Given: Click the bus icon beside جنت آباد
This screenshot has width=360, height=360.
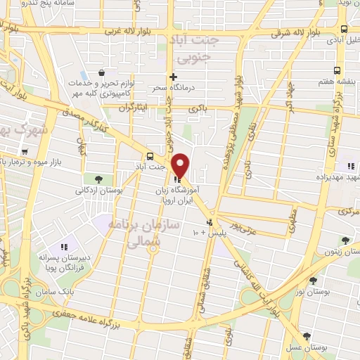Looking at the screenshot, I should [x=149, y=156].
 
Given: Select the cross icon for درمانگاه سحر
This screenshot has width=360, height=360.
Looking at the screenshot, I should [x=173, y=77].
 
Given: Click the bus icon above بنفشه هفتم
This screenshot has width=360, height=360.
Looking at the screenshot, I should [x=337, y=71].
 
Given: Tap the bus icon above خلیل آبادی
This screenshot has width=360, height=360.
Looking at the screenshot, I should [x=344, y=30].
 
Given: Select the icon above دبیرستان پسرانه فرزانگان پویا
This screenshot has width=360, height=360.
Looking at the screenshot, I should [x=64, y=247].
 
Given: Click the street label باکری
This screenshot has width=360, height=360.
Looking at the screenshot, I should [x=199, y=109].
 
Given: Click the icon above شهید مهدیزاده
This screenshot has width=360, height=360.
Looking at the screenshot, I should [x=349, y=167].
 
